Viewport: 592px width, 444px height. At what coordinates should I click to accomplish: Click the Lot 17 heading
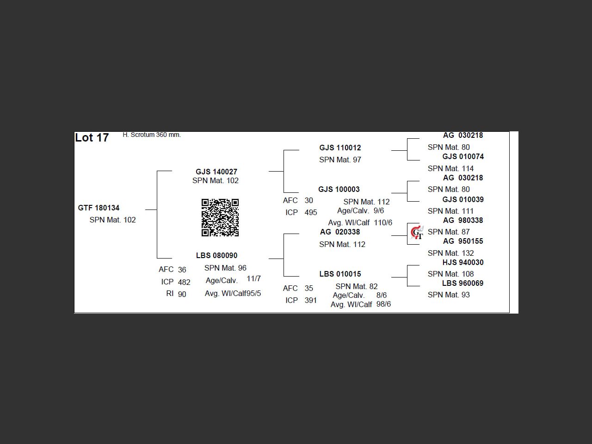[92, 138]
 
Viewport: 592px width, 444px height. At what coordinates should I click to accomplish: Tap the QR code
[220, 217]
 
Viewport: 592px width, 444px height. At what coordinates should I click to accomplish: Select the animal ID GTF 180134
[99, 208]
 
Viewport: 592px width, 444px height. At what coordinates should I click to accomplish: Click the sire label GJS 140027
[216, 172]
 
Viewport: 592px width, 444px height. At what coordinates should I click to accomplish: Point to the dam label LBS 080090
[216, 255]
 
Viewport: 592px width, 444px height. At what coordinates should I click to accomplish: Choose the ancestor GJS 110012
[340, 148]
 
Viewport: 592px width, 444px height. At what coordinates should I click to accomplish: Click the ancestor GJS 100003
[339, 189]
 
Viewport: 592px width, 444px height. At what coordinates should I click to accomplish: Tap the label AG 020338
[340, 232]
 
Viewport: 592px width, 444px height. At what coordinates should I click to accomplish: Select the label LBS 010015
[340, 274]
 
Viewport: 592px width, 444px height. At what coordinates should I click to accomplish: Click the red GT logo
[417, 232]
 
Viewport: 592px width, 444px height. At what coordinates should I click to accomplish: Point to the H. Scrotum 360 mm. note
[152, 135]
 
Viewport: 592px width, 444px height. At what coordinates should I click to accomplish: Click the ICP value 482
[184, 282]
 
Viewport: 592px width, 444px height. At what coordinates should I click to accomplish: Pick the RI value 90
[182, 294]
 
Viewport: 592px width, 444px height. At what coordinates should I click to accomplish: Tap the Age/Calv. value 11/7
[253, 278]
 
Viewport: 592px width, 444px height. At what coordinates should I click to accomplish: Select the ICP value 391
[311, 300]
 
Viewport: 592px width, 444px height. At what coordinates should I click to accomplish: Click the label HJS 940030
[462, 262]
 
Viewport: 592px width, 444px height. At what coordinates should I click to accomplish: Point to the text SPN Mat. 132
[450, 253]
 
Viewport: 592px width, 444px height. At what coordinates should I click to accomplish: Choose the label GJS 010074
[462, 156]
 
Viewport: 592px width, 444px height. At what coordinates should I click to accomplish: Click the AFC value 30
[308, 200]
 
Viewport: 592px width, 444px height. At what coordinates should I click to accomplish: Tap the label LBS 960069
[462, 283]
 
